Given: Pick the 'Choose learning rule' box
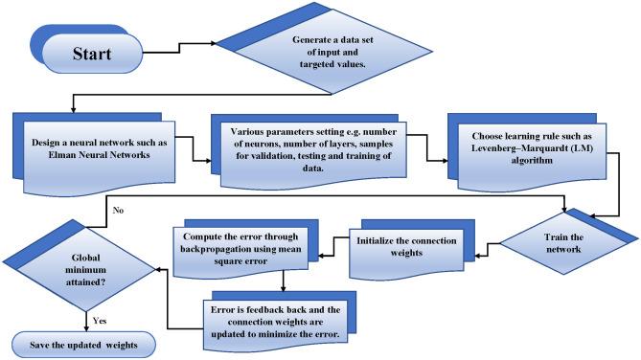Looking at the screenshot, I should click(532, 142).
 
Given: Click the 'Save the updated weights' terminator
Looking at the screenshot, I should click(85, 344).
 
